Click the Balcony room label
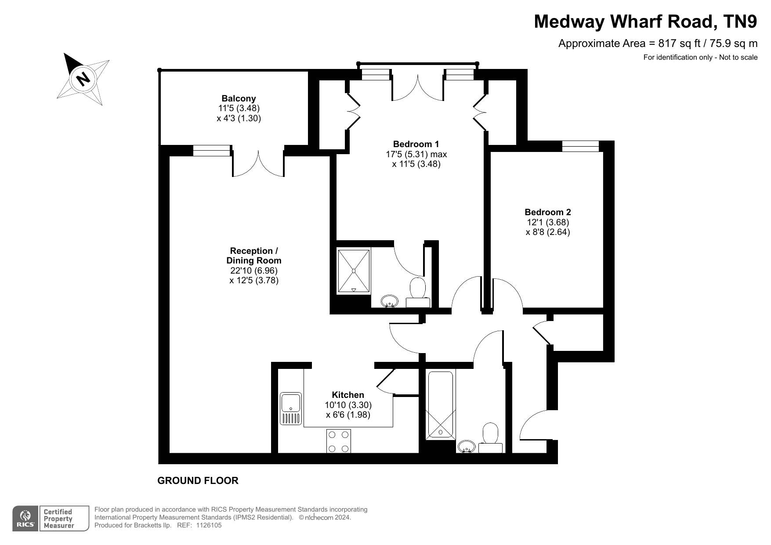tap(239, 98)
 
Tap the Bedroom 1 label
tap(416, 144)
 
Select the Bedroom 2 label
tap(548, 212)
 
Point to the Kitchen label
tap(348, 395)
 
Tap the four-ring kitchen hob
tap(339, 441)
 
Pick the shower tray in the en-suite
tap(354, 271)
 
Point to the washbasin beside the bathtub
tap(467, 446)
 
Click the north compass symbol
tap(83, 79)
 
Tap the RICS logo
tap(25, 519)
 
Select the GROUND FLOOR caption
tap(198, 480)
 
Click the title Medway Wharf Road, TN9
tap(645, 21)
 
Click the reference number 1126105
tap(209, 525)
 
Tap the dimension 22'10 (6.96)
tap(253, 271)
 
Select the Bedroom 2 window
tap(580, 146)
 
